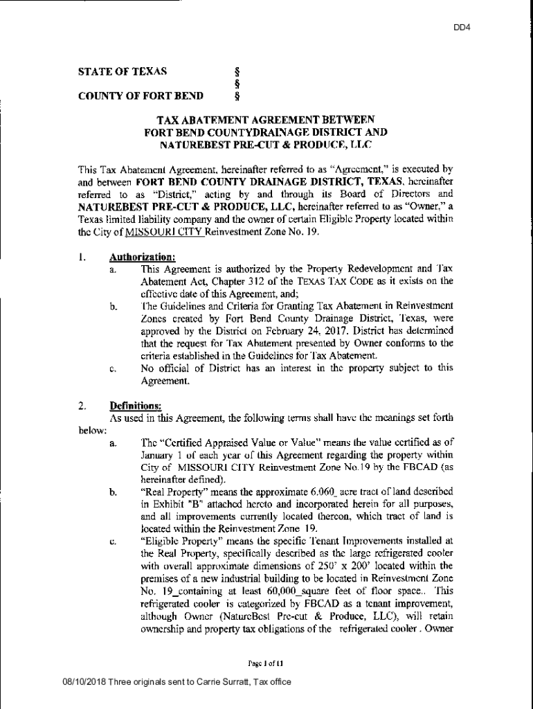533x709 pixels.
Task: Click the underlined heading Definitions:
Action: pos(136,405)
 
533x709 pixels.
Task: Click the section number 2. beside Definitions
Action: pos(82,405)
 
